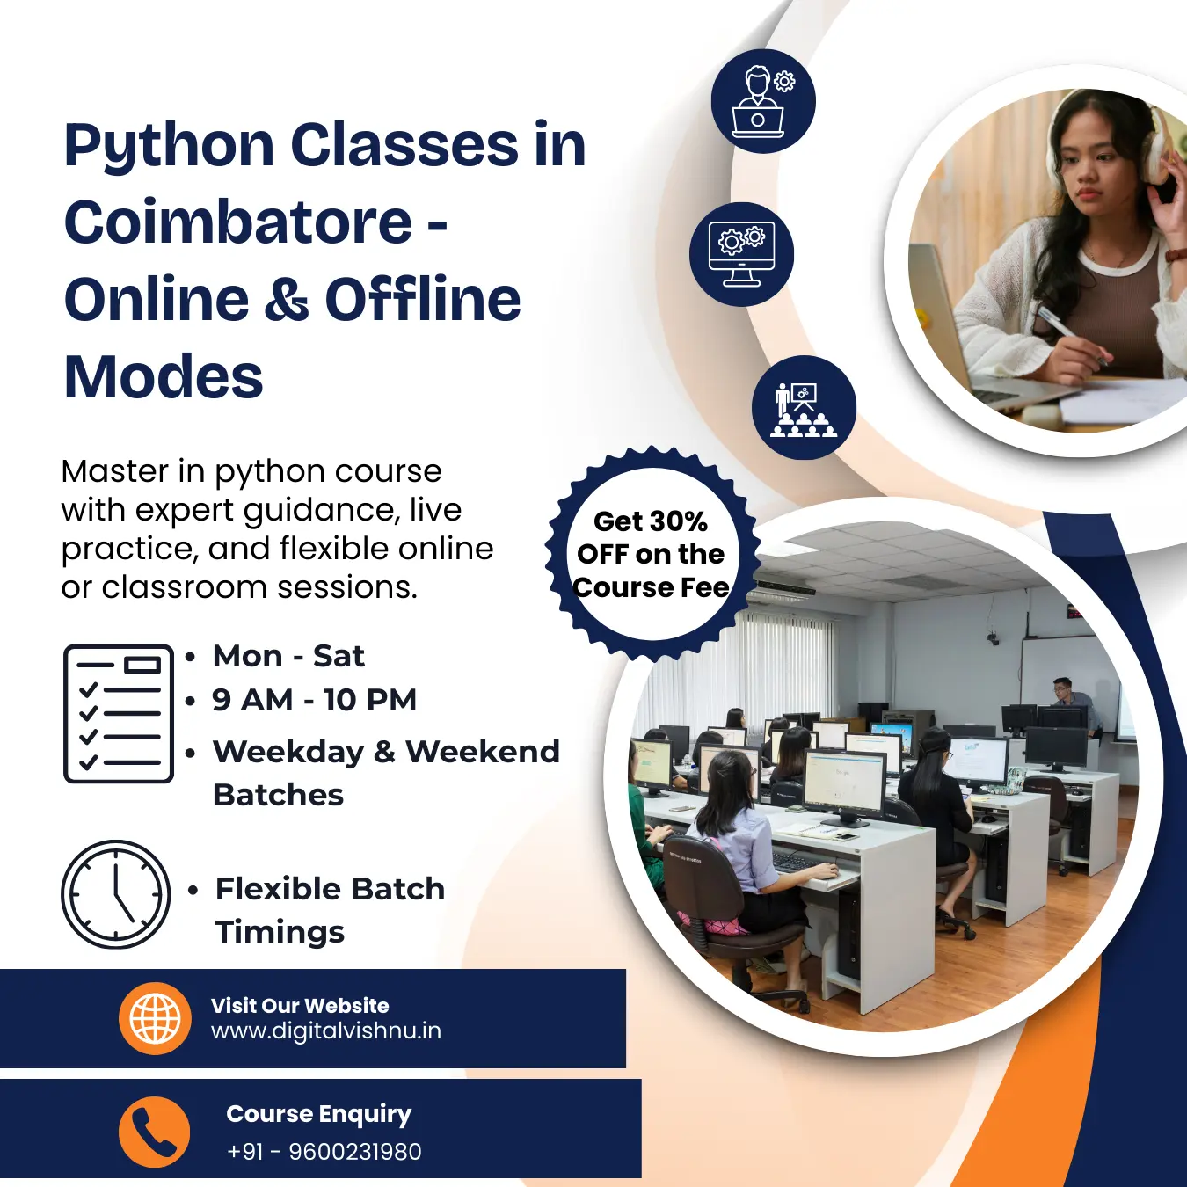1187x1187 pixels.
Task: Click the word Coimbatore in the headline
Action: coord(237,222)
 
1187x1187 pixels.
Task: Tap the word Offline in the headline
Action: coord(423,299)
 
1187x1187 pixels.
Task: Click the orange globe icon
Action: coord(155,1018)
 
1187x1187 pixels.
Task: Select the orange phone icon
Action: coord(155,1132)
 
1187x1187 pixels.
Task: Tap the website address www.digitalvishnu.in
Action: coord(325,1030)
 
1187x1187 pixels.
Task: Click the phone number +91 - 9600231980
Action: coord(324,1151)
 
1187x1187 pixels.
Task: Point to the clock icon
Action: coord(115,894)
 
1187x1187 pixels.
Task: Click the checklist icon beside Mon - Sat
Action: coord(118,714)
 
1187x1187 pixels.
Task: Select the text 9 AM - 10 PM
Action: coord(314,700)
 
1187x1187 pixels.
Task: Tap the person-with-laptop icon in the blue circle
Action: coord(762,101)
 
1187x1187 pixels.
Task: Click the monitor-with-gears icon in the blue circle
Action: coord(741,254)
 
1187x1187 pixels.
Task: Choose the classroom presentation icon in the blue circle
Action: coord(803,408)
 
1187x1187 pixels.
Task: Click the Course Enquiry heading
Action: coord(318,1114)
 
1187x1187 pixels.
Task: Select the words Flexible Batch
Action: coord(330,889)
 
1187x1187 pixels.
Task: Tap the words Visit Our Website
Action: coord(299,1005)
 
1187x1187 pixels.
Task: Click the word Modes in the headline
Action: coord(164,376)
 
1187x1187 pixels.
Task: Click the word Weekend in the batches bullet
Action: coord(482,752)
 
